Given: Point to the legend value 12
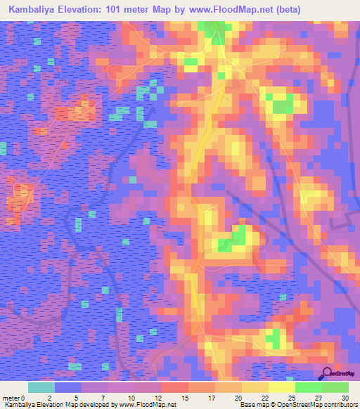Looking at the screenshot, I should click(x=162, y=398).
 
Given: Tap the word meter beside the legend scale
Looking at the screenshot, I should click(x=11, y=398).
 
